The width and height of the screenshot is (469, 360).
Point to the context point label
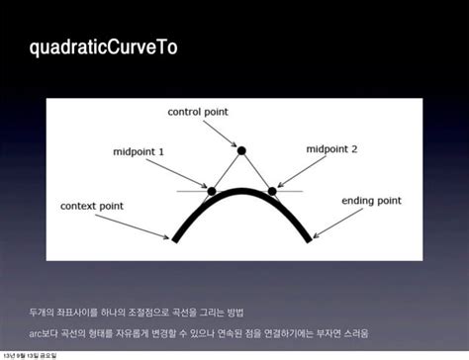tap(92, 206)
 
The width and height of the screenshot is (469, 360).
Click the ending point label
tap(371, 201)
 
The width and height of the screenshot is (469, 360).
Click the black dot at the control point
tap(241, 149)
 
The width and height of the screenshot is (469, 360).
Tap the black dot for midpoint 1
tap(211, 190)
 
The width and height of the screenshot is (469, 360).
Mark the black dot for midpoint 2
tap(272, 190)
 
